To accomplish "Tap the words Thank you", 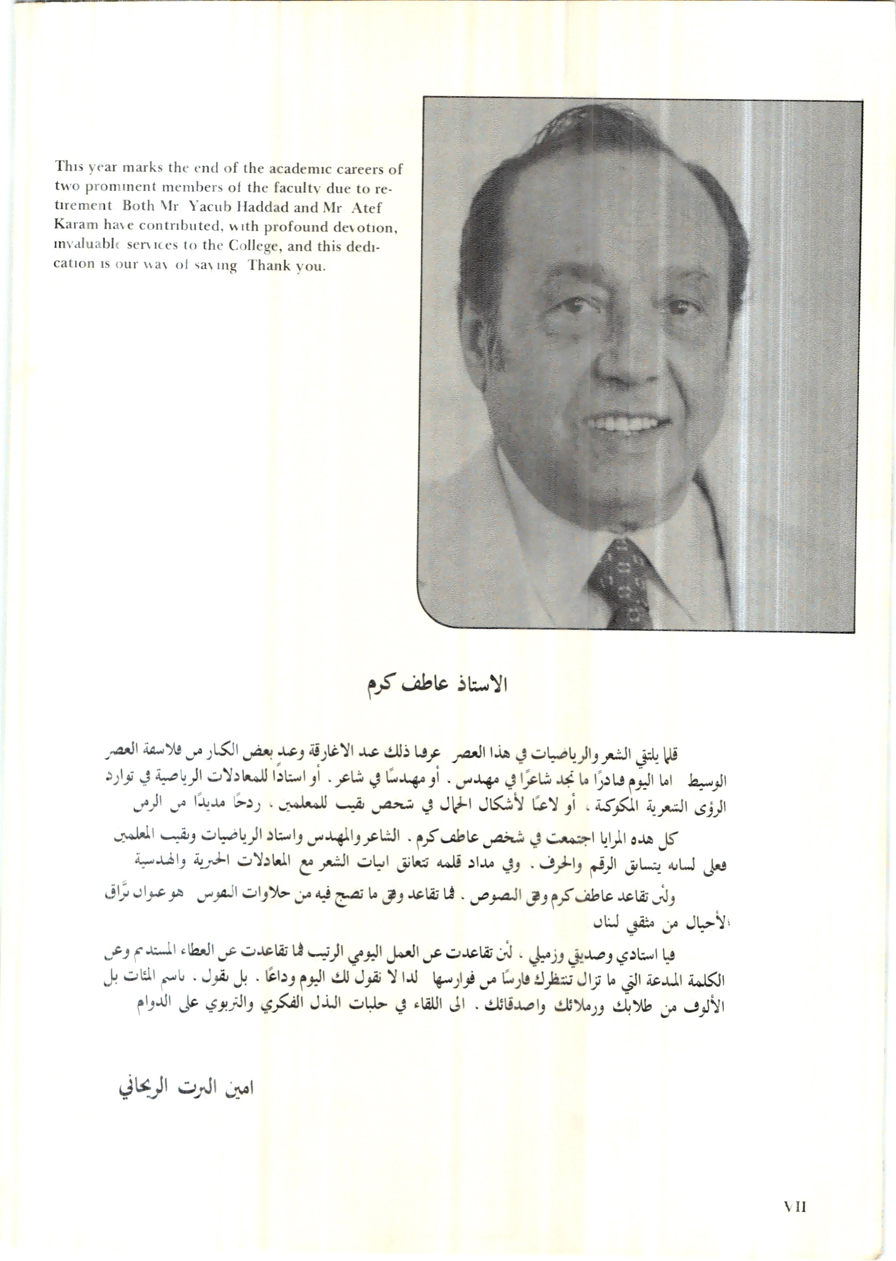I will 287,265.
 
